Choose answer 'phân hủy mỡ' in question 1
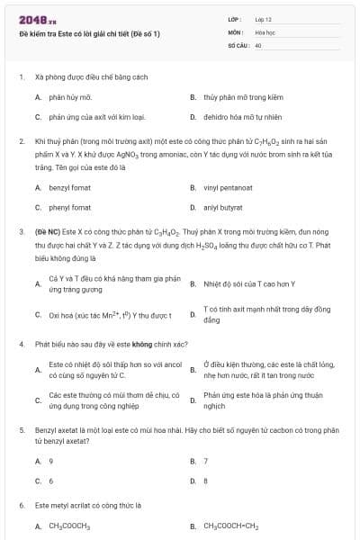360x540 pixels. pyautogui.click(x=70, y=96)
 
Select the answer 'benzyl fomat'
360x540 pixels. pyautogui.click(x=69, y=187)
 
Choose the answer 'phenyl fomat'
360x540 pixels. pyautogui.click(x=69, y=207)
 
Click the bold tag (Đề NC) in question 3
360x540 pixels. pyautogui.click(x=49, y=231)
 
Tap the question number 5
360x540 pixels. pyautogui.click(x=21, y=430)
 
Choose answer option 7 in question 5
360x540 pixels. pyautogui.click(x=206, y=461)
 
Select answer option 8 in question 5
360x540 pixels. pyautogui.click(x=206, y=481)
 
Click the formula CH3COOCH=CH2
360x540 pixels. pyautogui.click(x=230, y=526)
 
